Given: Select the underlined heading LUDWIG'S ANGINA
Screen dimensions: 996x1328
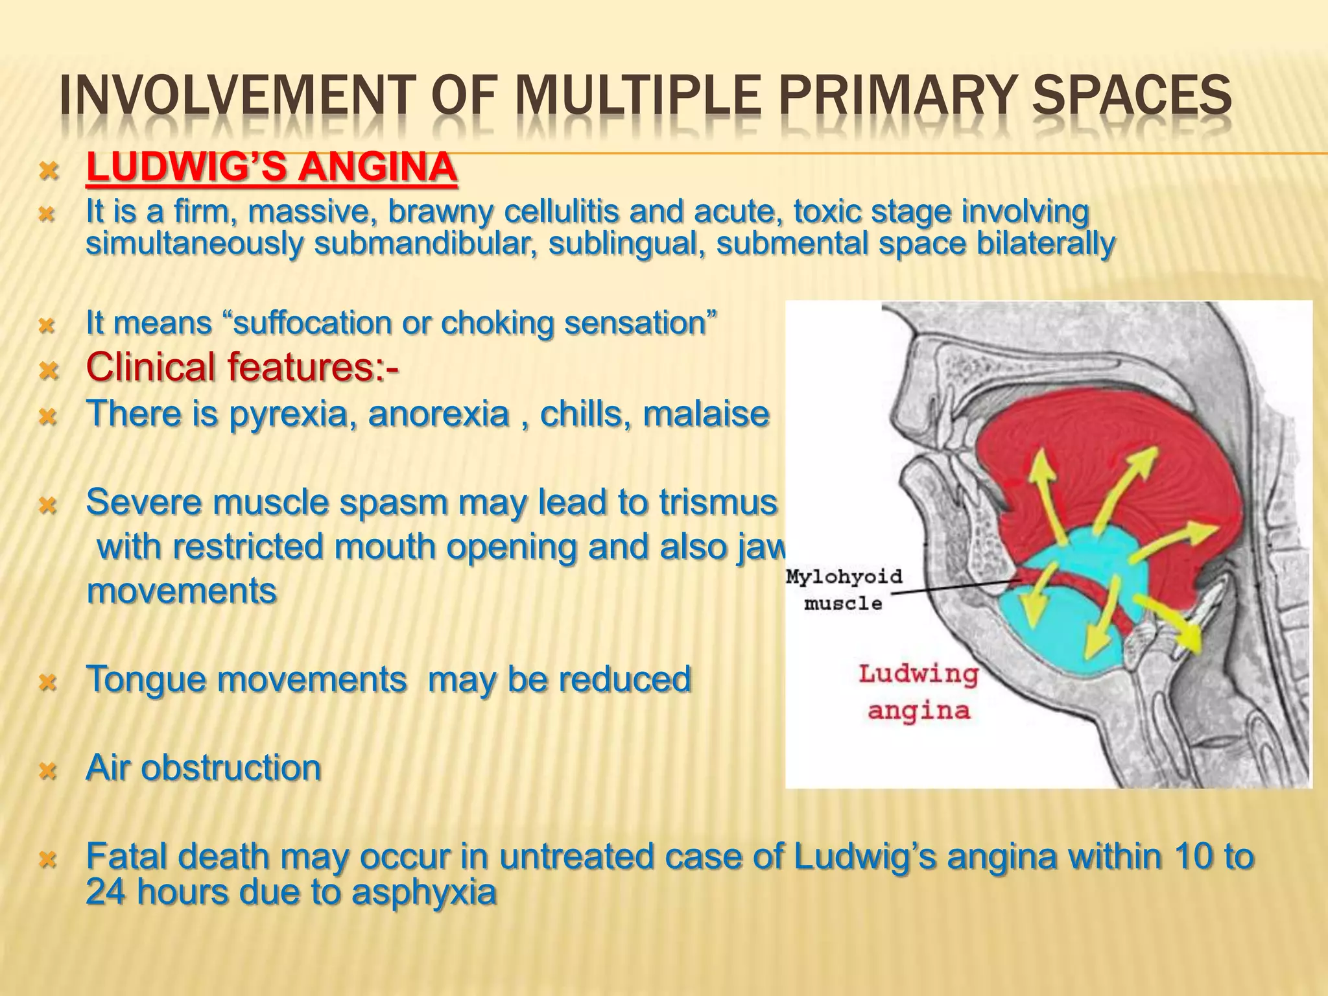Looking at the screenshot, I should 272,168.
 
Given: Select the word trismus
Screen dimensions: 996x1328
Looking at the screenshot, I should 718,502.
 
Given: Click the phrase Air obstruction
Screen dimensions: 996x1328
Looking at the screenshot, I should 204,768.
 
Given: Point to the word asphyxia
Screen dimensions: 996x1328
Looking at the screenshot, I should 424,892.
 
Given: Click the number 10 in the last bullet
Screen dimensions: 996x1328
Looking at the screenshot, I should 1194,857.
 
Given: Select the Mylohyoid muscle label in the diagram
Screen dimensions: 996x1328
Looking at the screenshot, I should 844,589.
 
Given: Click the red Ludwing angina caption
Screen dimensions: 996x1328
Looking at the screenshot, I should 918,693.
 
